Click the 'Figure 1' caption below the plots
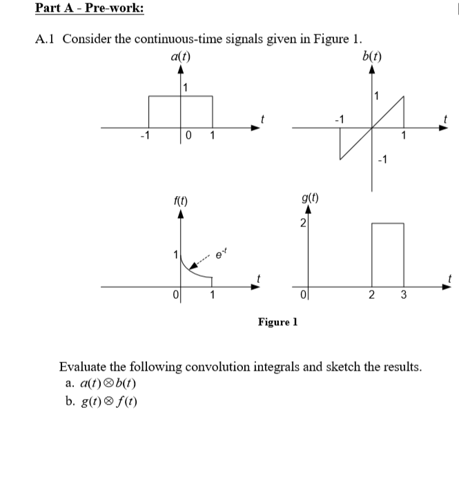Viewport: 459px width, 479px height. pos(277,322)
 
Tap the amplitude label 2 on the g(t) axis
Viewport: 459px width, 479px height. pos(302,223)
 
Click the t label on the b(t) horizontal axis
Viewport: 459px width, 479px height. pos(447,118)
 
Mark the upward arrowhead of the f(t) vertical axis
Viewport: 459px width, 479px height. pos(181,215)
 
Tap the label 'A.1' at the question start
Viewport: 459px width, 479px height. pos(46,39)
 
